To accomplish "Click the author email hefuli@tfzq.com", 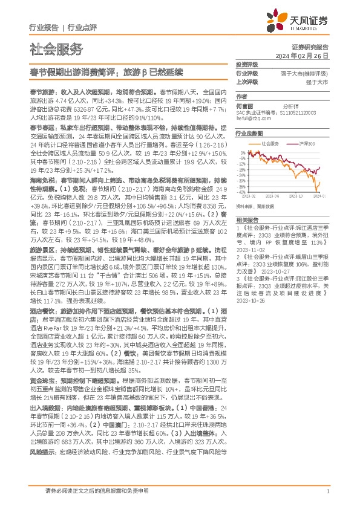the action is click(254, 120).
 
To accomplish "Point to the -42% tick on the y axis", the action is click(241, 192).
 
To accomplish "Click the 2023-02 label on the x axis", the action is click(249, 196).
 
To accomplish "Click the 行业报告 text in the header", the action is click(44, 27).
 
